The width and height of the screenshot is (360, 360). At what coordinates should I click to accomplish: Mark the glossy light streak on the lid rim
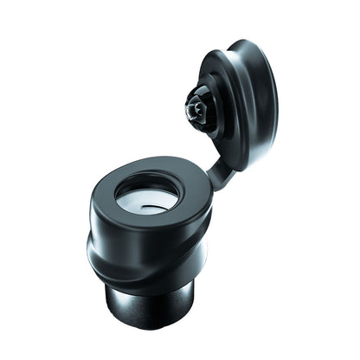click(x=260, y=78)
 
